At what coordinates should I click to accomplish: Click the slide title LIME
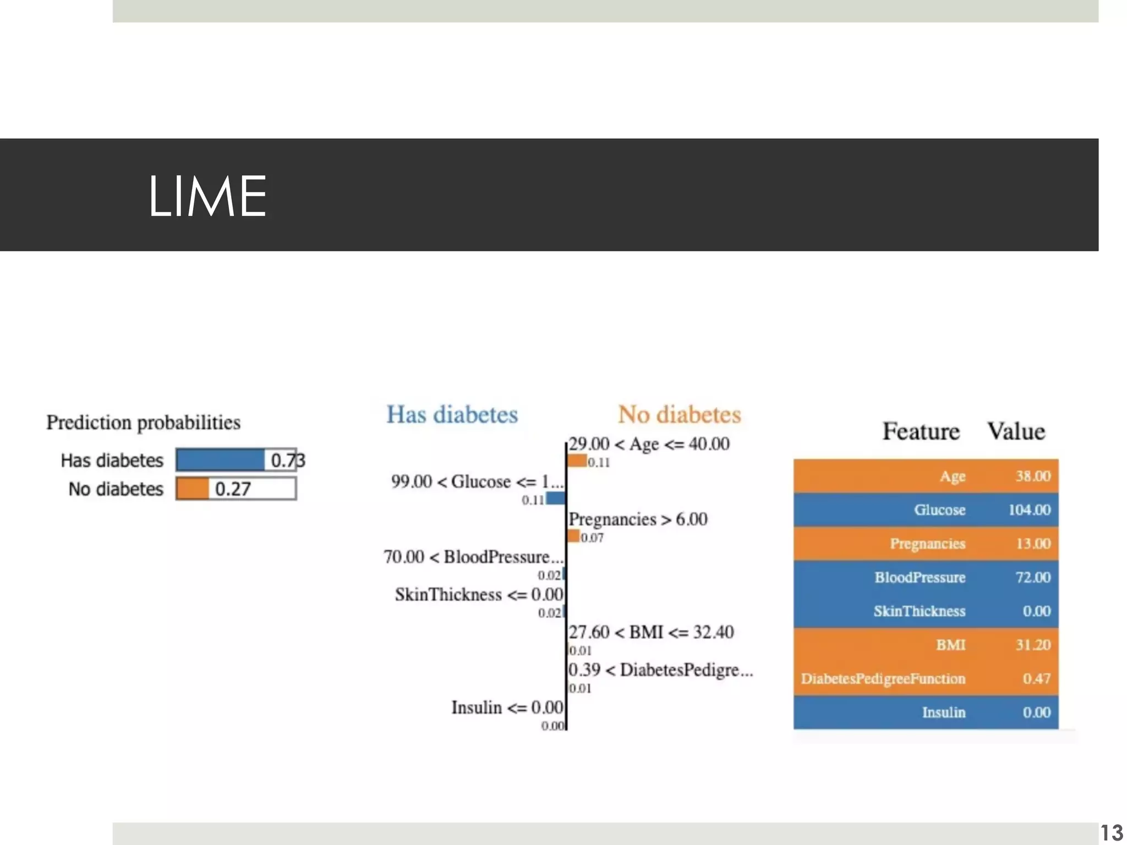point(207,196)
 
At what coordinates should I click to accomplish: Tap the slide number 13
point(1112,832)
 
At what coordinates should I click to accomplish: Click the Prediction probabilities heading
point(143,422)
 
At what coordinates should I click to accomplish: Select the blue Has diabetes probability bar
point(220,460)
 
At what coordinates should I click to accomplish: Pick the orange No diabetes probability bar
point(193,489)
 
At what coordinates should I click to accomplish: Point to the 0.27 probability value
point(233,489)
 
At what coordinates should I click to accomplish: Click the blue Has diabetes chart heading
point(452,415)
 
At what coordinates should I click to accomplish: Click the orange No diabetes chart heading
point(679,415)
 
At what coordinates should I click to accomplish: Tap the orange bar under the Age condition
point(577,461)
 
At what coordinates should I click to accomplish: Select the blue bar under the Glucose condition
point(556,498)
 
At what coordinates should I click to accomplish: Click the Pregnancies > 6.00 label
point(638,519)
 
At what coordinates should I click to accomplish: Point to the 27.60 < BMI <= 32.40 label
point(651,632)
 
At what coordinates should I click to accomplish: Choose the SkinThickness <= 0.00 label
point(479,595)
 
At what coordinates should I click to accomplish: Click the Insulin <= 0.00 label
point(507,707)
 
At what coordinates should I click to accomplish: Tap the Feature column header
point(921,431)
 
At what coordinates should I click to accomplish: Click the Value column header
point(1016,431)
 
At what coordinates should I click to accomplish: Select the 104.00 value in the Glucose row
point(1029,510)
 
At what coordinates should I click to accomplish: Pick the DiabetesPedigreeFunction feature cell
point(883,679)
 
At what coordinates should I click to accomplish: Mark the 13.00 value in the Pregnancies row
point(1033,544)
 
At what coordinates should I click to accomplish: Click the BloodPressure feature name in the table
point(920,578)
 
